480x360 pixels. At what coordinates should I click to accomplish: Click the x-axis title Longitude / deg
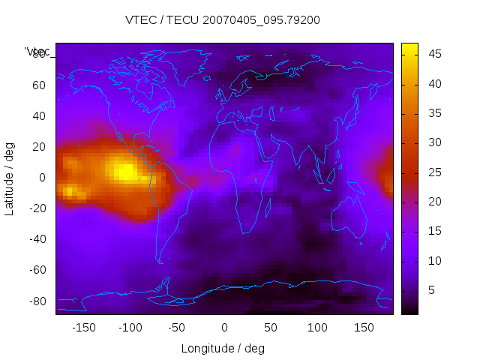tap(223, 348)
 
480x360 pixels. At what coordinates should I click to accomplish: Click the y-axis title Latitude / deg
tap(10, 177)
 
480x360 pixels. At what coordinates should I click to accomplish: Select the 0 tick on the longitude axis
tap(223, 327)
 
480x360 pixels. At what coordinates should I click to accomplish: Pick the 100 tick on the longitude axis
tap(317, 327)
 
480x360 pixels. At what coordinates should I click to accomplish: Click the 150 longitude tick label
tap(364, 327)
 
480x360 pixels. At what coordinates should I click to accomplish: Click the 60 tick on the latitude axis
tap(39, 85)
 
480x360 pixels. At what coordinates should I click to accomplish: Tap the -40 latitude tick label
tap(37, 239)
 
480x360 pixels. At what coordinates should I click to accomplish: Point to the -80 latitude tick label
tap(37, 301)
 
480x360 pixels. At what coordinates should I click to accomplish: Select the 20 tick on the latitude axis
tap(39, 146)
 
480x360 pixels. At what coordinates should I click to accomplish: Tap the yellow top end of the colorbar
tap(409, 48)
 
